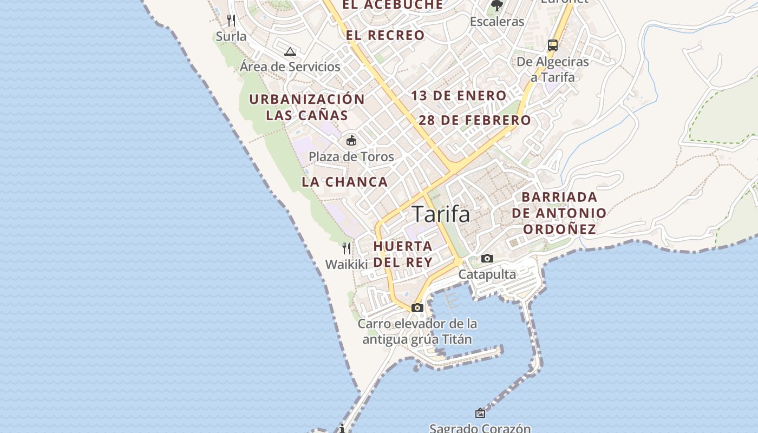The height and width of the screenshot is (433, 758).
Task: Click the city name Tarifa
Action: (441, 214)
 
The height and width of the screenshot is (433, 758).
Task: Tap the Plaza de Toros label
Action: (351, 157)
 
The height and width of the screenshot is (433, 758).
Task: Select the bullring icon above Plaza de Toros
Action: (351, 141)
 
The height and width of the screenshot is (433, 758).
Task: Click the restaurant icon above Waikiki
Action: (347, 248)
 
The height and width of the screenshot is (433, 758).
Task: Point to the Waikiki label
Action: (347, 264)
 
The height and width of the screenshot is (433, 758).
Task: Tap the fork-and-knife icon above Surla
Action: (231, 21)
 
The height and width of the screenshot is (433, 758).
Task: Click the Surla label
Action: (231, 37)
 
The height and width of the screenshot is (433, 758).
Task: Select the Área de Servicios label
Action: (290, 67)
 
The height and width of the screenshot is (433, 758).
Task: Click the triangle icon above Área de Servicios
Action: (290, 52)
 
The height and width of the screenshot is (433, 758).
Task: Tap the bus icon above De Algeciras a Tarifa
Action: (552, 45)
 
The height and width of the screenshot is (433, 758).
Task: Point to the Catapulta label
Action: (487, 274)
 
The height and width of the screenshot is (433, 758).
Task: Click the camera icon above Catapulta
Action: (487, 259)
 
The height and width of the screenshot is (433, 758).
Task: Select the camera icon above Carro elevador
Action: (417, 307)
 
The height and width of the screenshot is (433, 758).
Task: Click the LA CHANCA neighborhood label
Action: (345, 182)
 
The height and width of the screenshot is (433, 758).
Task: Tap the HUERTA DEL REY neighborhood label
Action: (403, 254)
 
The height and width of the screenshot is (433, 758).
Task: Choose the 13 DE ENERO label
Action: (459, 96)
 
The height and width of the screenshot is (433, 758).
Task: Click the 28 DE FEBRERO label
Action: (475, 120)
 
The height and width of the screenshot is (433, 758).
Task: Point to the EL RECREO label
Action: (385, 36)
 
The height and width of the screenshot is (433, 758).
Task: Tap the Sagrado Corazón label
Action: (480, 428)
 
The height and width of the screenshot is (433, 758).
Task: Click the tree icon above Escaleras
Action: (496, 6)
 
